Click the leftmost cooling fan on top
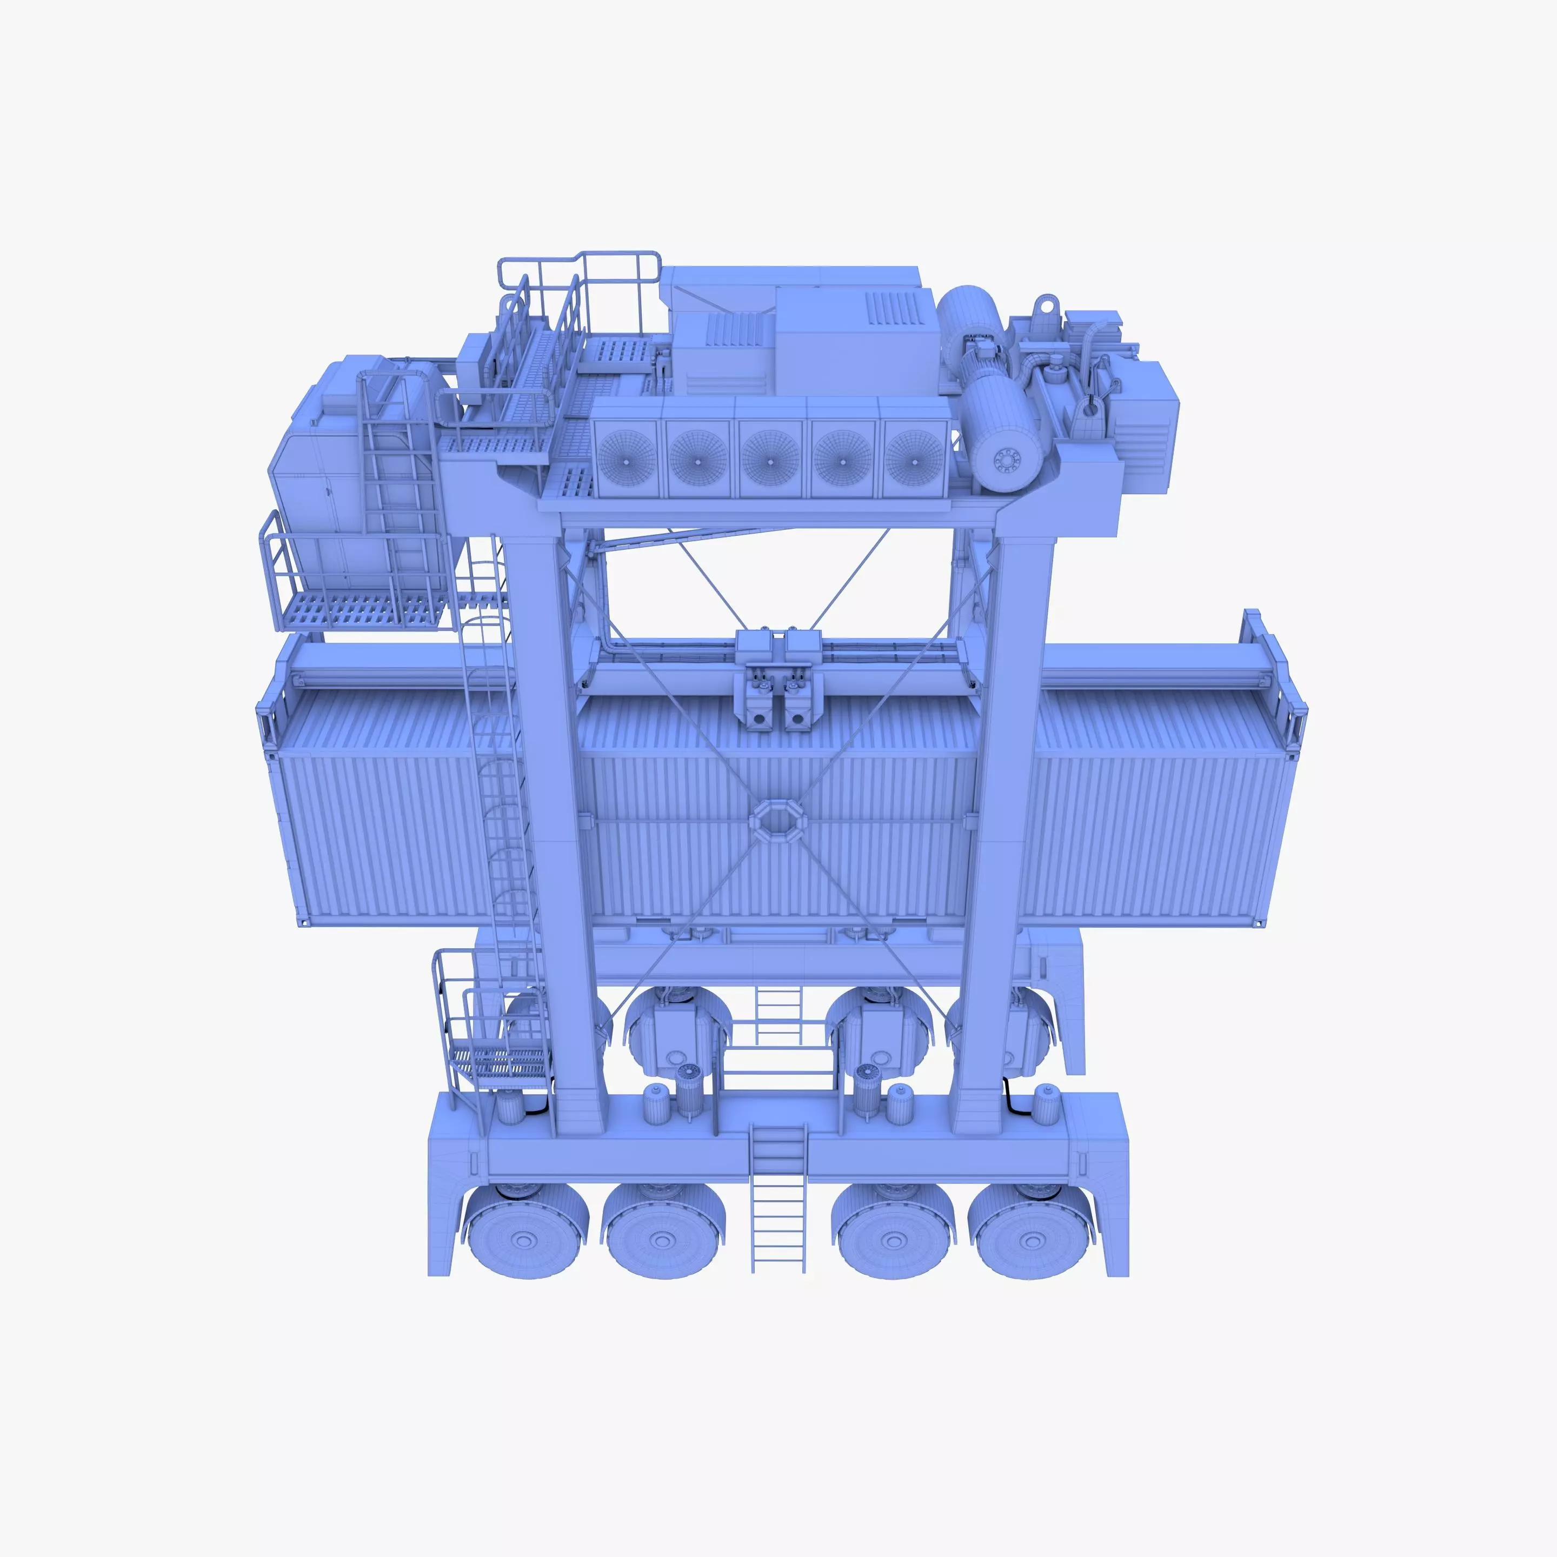click(627, 458)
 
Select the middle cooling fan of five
click(770, 458)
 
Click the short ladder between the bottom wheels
click(778, 1201)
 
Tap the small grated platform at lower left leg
click(500, 1062)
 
